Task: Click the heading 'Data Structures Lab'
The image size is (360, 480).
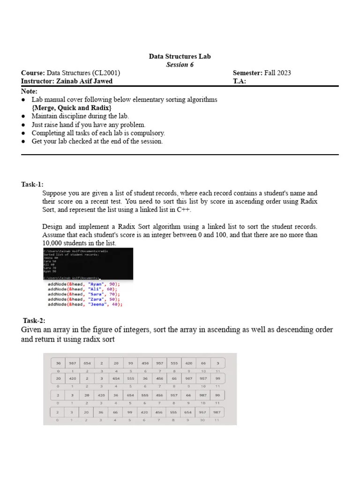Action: (180, 56)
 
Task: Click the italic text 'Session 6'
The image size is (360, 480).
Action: (180, 65)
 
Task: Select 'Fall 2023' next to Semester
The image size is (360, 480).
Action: (277, 73)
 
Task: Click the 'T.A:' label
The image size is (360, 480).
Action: (239, 81)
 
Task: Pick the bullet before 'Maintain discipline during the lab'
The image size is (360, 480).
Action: (24, 116)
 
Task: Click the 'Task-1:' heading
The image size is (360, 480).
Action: (32, 184)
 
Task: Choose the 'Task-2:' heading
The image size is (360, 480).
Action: (34, 321)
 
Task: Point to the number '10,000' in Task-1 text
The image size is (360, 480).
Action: (52, 243)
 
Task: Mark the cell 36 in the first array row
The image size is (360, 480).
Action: (58, 363)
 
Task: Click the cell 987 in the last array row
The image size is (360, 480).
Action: (217, 412)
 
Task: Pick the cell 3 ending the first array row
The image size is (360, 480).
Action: (217, 363)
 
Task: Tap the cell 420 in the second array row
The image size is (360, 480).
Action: (73, 378)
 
